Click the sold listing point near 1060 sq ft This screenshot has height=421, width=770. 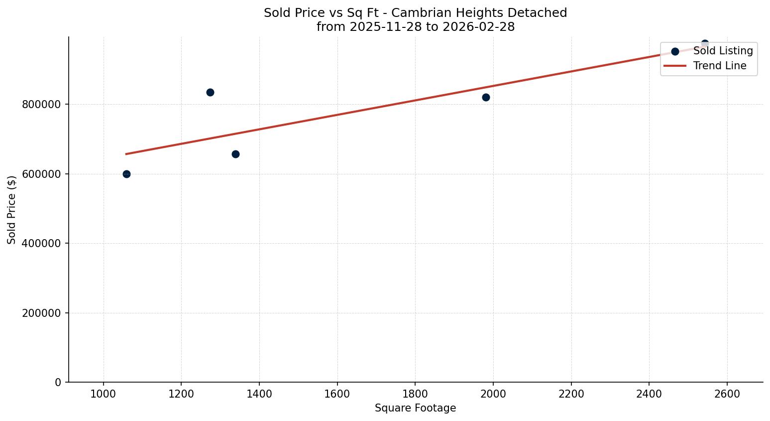pyautogui.click(x=126, y=174)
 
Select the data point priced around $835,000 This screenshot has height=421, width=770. pyautogui.click(x=210, y=92)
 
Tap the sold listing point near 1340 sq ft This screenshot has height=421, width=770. pyautogui.click(x=235, y=154)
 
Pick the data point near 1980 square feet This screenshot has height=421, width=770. pyautogui.click(x=486, y=97)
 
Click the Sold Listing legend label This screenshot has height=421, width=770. pyautogui.click(x=723, y=51)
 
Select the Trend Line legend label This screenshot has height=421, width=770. pyautogui.click(x=720, y=66)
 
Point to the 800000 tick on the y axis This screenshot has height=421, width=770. pyautogui.click(x=42, y=105)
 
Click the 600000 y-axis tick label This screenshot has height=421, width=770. pyautogui.click(x=42, y=174)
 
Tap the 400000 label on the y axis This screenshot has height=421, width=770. pyautogui.click(x=42, y=244)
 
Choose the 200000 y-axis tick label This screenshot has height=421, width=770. pyautogui.click(x=42, y=313)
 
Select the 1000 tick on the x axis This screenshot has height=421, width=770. pyautogui.click(x=104, y=394)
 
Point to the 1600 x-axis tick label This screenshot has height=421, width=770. pyautogui.click(x=337, y=394)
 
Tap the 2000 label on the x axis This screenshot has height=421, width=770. pyautogui.click(x=493, y=394)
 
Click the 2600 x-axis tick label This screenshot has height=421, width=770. pyautogui.click(x=727, y=394)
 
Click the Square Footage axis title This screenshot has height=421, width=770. pyautogui.click(x=415, y=408)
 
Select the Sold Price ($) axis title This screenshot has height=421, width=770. pyautogui.click(x=12, y=209)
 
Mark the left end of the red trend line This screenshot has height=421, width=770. pyautogui.click(x=126, y=154)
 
